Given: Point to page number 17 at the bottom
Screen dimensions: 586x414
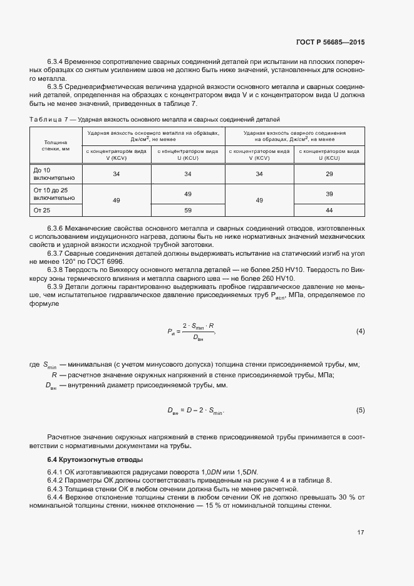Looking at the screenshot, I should click(x=361, y=533).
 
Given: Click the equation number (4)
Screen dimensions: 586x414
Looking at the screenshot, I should click(x=360, y=331).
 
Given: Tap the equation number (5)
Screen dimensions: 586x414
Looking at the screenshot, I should click(x=360, y=410).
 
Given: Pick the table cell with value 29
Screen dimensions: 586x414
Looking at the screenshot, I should click(x=329, y=174).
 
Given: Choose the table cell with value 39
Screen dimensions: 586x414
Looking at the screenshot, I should click(x=329, y=195).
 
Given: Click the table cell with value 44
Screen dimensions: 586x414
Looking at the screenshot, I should click(x=329, y=211).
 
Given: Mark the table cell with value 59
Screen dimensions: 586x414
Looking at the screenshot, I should click(x=187, y=211).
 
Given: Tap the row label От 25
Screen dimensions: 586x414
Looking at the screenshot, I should click(x=41, y=211).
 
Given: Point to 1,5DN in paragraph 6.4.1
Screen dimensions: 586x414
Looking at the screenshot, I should click(x=246, y=472).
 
